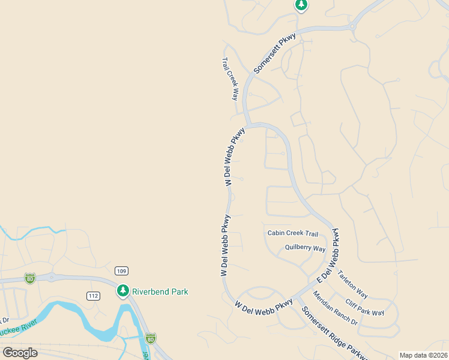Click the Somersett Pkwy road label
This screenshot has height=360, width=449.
(275, 53)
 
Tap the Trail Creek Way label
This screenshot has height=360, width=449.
(231, 79)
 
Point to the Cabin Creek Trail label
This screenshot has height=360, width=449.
(293, 233)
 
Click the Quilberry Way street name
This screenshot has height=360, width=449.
(305, 248)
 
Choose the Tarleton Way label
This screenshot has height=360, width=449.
(352, 283)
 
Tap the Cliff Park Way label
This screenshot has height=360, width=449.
(365, 307)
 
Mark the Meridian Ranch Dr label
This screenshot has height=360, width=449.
(335, 308)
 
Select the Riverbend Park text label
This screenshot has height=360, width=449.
(160, 292)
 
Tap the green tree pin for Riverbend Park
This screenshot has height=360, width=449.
(123, 291)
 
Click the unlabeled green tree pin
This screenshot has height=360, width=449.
(301, 5)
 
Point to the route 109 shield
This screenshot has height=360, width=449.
(122, 271)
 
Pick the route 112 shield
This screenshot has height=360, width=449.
(93, 296)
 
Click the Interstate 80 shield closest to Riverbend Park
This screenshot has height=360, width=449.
(150, 338)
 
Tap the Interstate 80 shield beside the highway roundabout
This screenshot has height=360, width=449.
(30, 278)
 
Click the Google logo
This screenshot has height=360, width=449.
(20, 353)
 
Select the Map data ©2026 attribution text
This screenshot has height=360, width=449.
(423, 355)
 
